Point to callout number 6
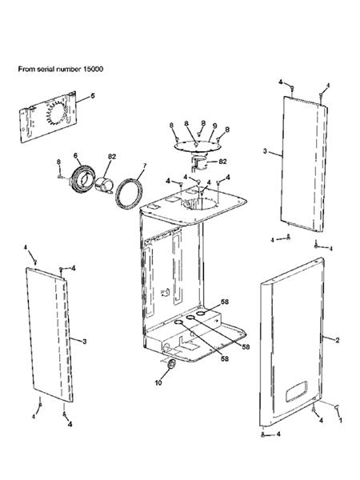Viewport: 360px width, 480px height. click(x=75, y=155)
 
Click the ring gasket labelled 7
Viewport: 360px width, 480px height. click(x=128, y=193)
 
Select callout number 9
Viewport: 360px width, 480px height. click(x=214, y=125)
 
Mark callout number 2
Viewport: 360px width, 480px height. click(x=338, y=341)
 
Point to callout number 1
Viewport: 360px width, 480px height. click(x=342, y=419)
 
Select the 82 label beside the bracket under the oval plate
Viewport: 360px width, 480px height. click(x=223, y=161)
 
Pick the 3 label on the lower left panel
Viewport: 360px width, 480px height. click(x=84, y=341)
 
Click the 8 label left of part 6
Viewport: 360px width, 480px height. click(x=58, y=162)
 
